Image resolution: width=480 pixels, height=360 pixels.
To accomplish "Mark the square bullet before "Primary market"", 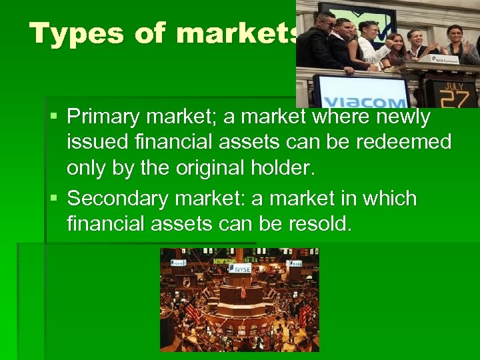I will [55, 117].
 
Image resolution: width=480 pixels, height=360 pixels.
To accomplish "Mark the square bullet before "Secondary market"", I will [55, 199].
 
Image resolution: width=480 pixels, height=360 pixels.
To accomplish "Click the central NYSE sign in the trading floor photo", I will [240, 269].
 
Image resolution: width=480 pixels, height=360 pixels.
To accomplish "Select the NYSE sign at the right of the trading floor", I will [294, 263].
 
